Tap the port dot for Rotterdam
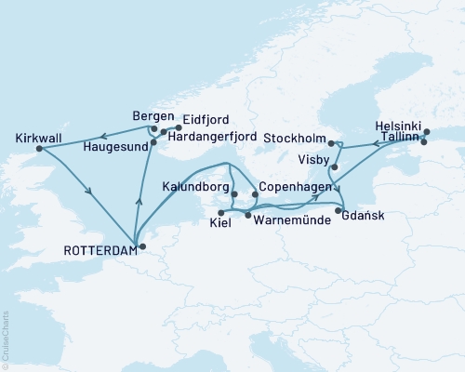(x=142, y=246)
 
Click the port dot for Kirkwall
(x=38, y=148)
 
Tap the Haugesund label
(x=115, y=147)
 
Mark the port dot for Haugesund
(x=153, y=145)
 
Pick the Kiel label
(x=221, y=224)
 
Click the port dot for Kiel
(x=221, y=213)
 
